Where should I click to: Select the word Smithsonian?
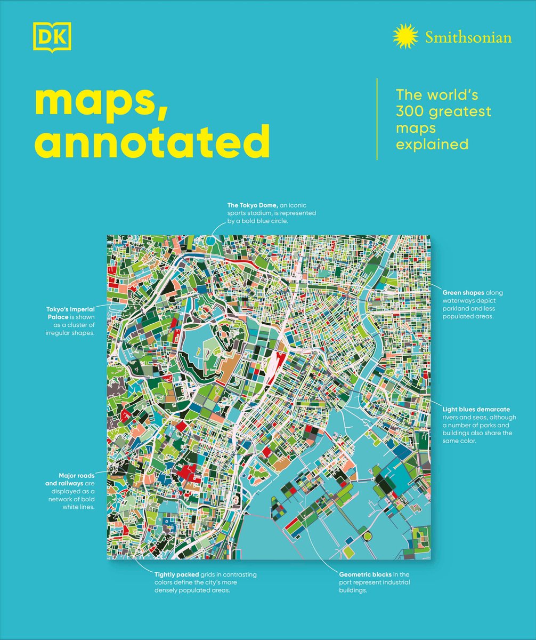point(468,38)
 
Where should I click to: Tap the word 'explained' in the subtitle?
point(432,145)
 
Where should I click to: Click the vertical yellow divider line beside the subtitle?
point(377,119)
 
